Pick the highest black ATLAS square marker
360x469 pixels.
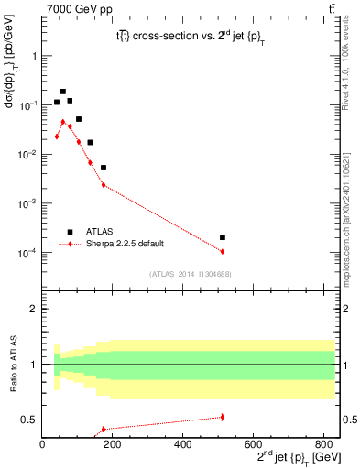[x=63, y=92]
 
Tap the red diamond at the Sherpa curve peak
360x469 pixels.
[x=63, y=121]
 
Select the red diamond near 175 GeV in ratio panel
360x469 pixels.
[x=104, y=429]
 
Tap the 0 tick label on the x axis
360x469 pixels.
[x=42, y=446]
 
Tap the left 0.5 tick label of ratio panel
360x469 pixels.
[x=32, y=420]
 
